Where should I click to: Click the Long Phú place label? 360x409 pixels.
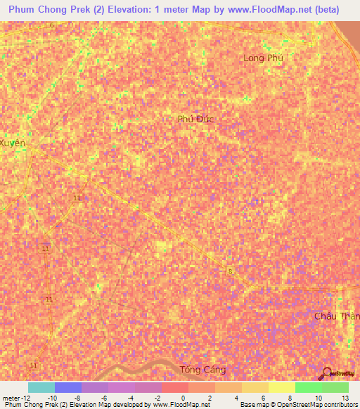tap(262, 58)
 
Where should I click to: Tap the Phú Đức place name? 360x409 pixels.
tap(195, 119)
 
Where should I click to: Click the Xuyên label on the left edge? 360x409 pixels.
tap(13, 143)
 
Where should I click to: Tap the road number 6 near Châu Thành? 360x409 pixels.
tap(230, 270)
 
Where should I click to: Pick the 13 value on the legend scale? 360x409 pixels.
tap(345, 397)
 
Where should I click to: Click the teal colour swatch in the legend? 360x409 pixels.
tap(41, 387)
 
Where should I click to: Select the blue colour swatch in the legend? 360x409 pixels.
tap(68, 387)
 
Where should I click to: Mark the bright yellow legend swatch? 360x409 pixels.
tap(282, 387)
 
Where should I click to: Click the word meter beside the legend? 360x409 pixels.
tap(10, 397)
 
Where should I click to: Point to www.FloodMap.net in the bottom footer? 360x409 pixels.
tap(181, 405)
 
